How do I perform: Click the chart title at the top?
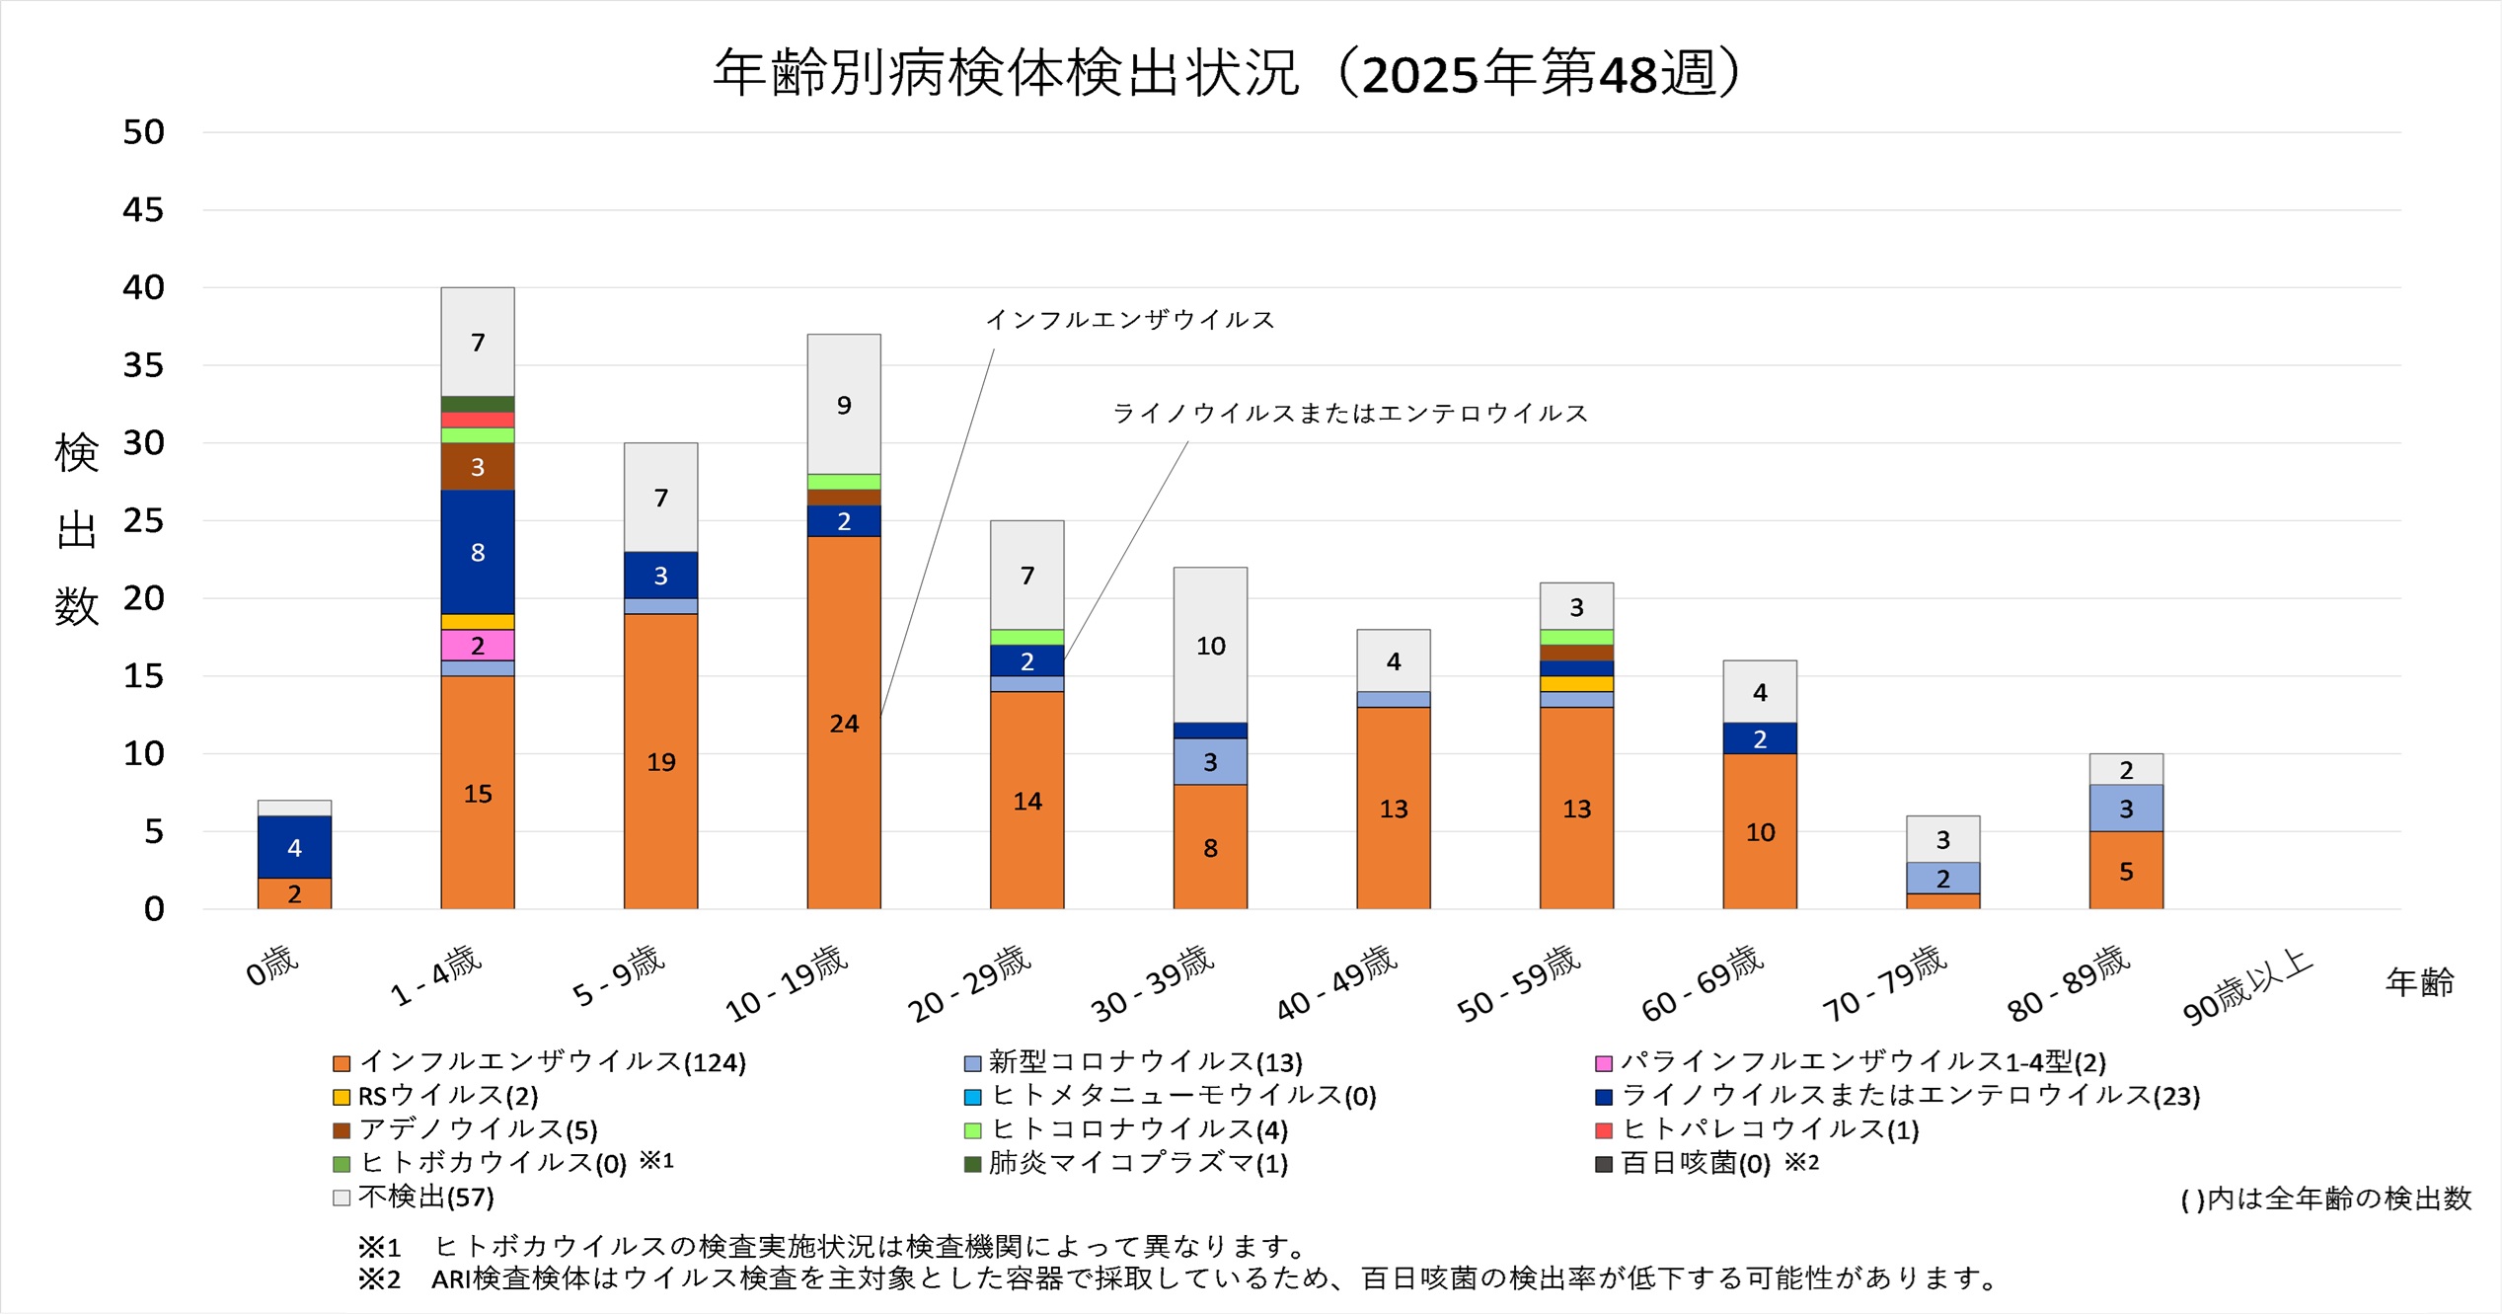1228,73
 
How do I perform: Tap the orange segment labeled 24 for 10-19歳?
844,723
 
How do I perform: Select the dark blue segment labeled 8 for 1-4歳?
478,552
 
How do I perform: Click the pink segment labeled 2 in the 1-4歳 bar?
478,646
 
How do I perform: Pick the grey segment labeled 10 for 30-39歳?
1210,646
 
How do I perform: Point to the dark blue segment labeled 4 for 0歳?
294,847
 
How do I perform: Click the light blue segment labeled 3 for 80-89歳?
2126,809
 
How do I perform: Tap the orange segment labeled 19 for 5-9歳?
660,761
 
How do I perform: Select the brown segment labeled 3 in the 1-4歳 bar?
478,467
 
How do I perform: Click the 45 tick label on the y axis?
143,210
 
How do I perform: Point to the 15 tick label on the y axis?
143,676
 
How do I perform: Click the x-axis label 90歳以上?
2246,985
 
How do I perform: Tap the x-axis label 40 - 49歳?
1336,981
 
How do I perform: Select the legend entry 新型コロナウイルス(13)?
1145,1062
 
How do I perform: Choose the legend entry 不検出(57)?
425,1198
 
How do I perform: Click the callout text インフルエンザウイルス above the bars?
1130,320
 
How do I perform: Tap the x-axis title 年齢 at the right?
2419,982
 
